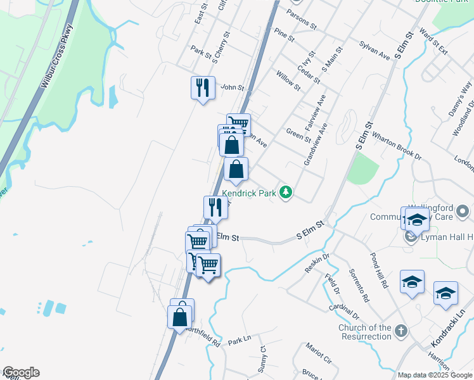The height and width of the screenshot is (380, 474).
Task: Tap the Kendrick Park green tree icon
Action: tap(286, 192)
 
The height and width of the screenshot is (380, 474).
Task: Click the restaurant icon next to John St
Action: tap(203, 87)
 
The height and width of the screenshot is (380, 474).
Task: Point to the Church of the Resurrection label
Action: tap(365, 332)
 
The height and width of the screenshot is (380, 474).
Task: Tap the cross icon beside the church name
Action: tap(400, 331)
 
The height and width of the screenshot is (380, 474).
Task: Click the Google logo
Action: tap(21, 372)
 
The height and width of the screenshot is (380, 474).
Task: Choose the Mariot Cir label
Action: tap(318, 353)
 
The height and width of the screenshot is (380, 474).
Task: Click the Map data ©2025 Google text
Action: tap(435, 375)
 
